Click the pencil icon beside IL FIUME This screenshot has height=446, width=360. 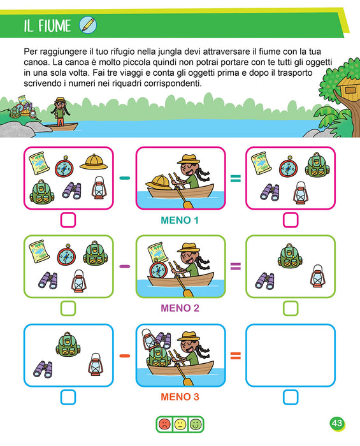pyautogui.click(x=88, y=25)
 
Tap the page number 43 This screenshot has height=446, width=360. pyautogui.click(x=337, y=423)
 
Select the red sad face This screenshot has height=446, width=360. pyautogui.click(x=164, y=424)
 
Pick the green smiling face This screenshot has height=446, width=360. pyautogui.click(x=196, y=424)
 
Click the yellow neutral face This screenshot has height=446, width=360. pyautogui.click(x=180, y=424)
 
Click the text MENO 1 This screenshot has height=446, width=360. pyautogui.click(x=180, y=220)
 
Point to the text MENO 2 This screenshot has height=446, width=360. pyautogui.click(x=180, y=308)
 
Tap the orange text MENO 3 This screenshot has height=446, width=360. pyautogui.click(x=180, y=397)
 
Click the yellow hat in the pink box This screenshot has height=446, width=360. pyautogui.click(x=94, y=162)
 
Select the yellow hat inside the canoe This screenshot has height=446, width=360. pyautogui.click(x=159, y=182)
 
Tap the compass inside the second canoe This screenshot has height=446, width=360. pyautogui.click(x=157, y=270)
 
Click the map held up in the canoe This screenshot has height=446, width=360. pyautogui.click(x=158, y=252)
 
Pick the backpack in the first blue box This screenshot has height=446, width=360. pyautogui.click(x=68, y=344)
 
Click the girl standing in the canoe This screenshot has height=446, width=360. pyautogui.click(x=60, y=111)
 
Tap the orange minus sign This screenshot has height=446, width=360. pyautogui.click(x=125, y=356)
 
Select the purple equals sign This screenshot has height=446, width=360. pyautogui.click(x=236, y=266)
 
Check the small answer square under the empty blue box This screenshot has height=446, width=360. pyautogui.click(x=291, y=397)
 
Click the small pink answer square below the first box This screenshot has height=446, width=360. pyautogui.click(x=68, y=220)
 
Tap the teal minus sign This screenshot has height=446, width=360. pyautogui.click(x=125, y=178)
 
